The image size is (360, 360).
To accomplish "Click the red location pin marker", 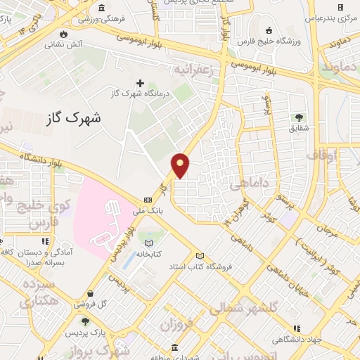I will coord(181,165).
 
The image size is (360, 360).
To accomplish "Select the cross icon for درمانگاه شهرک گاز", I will coord(139,84).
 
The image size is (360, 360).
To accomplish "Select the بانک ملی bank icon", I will coord(148,200).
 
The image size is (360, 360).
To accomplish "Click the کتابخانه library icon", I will coord(148,243).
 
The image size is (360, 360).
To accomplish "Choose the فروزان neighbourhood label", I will coord(176,326).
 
